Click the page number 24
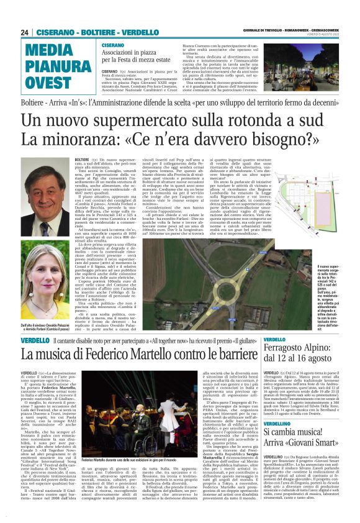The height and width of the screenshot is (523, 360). tap(24, 32)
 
